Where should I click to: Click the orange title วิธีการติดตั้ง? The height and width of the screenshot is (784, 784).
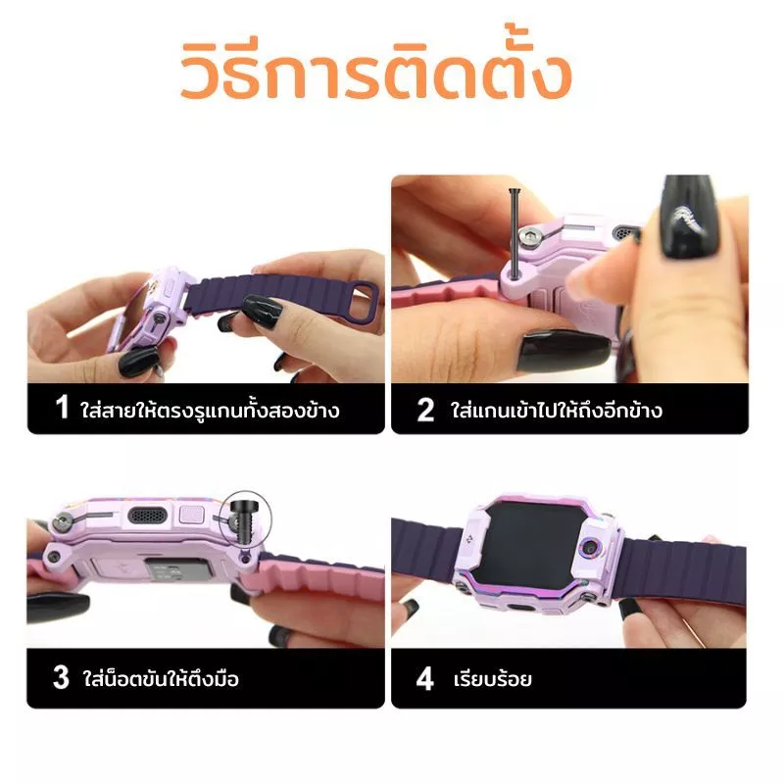[x=376, y=69]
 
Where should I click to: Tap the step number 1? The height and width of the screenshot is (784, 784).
[x=62, y=407]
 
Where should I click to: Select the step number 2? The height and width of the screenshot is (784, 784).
[x=425, y=410]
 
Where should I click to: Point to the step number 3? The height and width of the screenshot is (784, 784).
[x=61, y=677]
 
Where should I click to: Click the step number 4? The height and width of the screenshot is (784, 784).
[x=424, y=678]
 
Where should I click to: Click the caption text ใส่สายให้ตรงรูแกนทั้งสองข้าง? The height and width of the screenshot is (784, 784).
[x=210, y=411]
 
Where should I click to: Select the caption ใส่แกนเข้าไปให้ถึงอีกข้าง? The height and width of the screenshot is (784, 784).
[x=557, y=410]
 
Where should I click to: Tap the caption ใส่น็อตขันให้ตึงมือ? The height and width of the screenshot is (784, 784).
[x=161, y=678]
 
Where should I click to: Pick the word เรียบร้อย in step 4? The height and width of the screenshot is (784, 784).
[x=493, y=679]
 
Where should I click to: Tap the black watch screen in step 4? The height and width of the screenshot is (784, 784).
[x=531, y=544]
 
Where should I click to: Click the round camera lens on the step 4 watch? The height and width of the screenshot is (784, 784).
[x=592, y=547]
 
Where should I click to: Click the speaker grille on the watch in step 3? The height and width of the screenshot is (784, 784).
[x=147, y=515]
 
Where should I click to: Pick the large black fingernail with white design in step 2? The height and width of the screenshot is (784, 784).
[x=691, y=216]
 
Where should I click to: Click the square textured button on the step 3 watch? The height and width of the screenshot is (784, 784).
[x=192, y=514]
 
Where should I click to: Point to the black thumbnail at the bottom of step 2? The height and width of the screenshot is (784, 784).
[x=563, y=351]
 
